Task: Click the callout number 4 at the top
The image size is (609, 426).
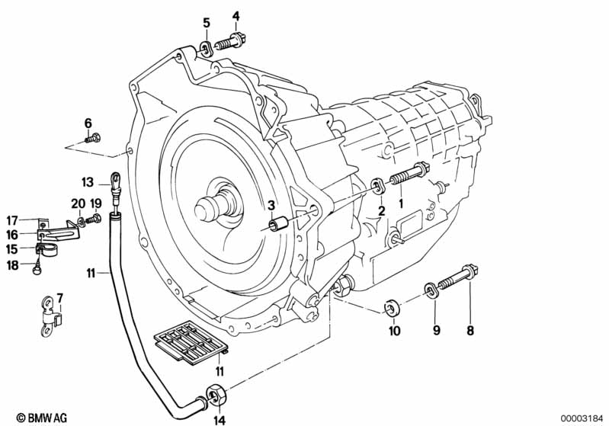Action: (236, 16)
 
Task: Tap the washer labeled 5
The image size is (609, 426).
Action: (206, 49)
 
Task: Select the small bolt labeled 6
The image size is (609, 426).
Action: (93, 137)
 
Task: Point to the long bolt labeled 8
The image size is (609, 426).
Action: (458, 277)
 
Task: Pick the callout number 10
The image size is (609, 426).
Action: (394, 331)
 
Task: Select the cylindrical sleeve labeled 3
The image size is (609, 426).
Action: (278, 224)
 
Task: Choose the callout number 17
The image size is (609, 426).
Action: (12, 221)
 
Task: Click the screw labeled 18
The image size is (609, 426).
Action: (37, 268)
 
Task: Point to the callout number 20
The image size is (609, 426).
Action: (78, 203)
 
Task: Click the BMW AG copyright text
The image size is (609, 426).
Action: (42, 418)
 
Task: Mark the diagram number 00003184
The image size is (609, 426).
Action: (582, 418)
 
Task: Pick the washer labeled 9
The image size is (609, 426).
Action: (431, 290)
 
